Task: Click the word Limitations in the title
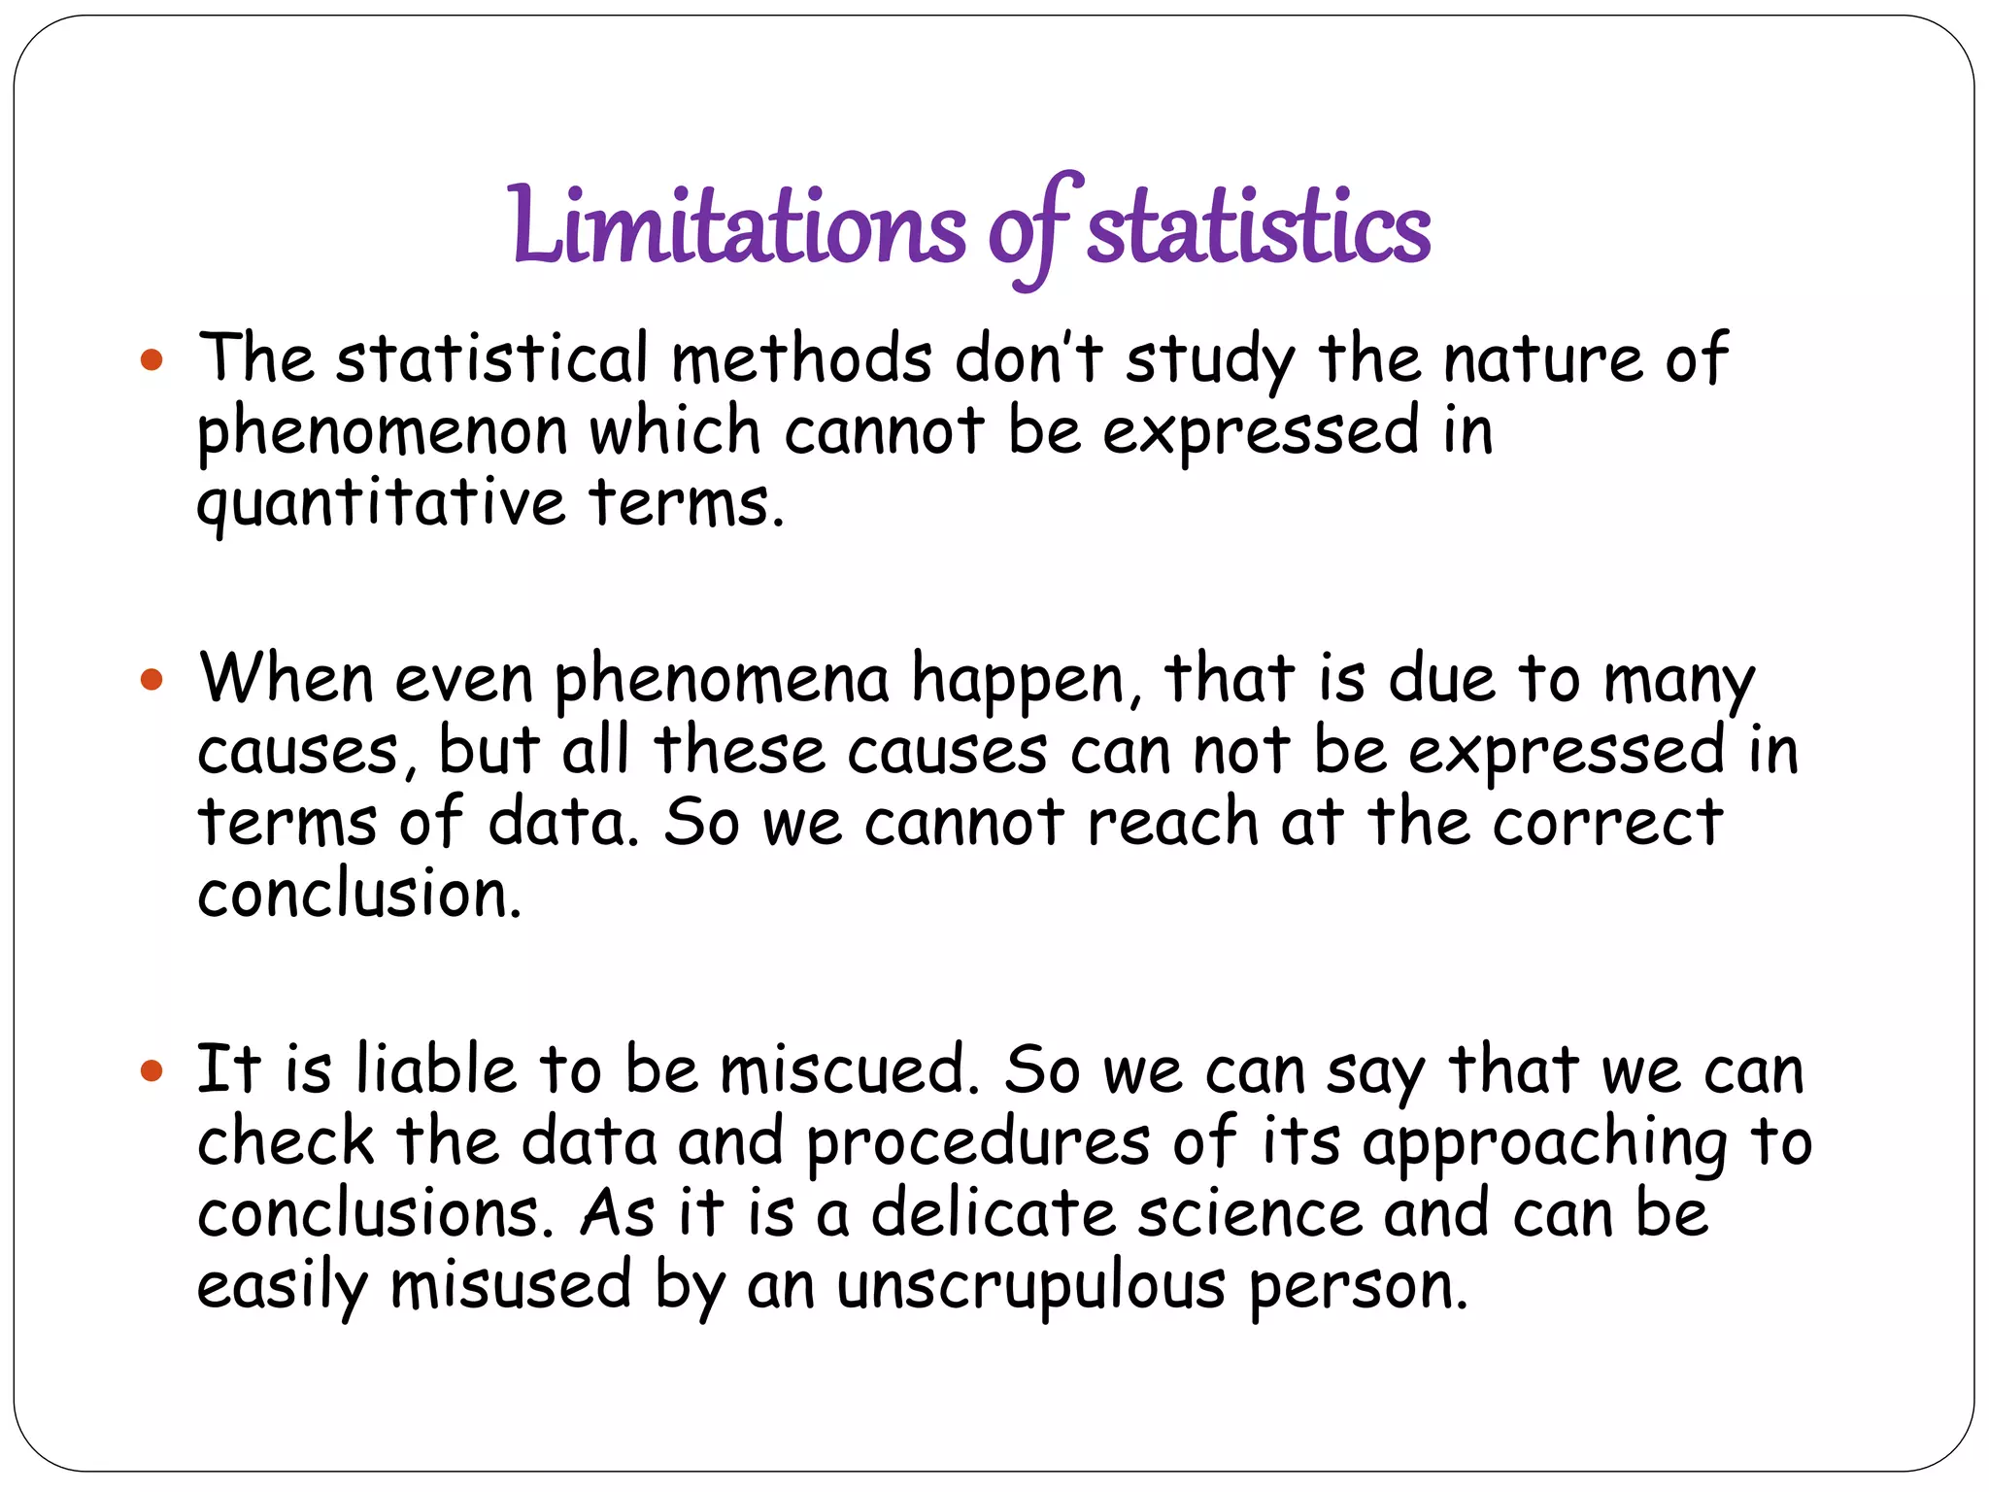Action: click(738, 225)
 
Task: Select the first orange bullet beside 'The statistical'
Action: click(152, 361)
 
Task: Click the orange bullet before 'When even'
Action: click(152, 679)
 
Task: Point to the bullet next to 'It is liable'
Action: click(152, 1071)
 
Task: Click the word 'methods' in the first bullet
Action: click(802, 359)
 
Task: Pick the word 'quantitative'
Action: click(381, 505)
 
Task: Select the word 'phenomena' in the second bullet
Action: click(721, 681)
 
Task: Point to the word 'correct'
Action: click(1607, 823)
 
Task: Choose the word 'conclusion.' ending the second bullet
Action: click(359, 895)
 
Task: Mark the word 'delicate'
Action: click(993, 1214)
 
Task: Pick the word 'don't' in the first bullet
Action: click(1029, 359)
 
